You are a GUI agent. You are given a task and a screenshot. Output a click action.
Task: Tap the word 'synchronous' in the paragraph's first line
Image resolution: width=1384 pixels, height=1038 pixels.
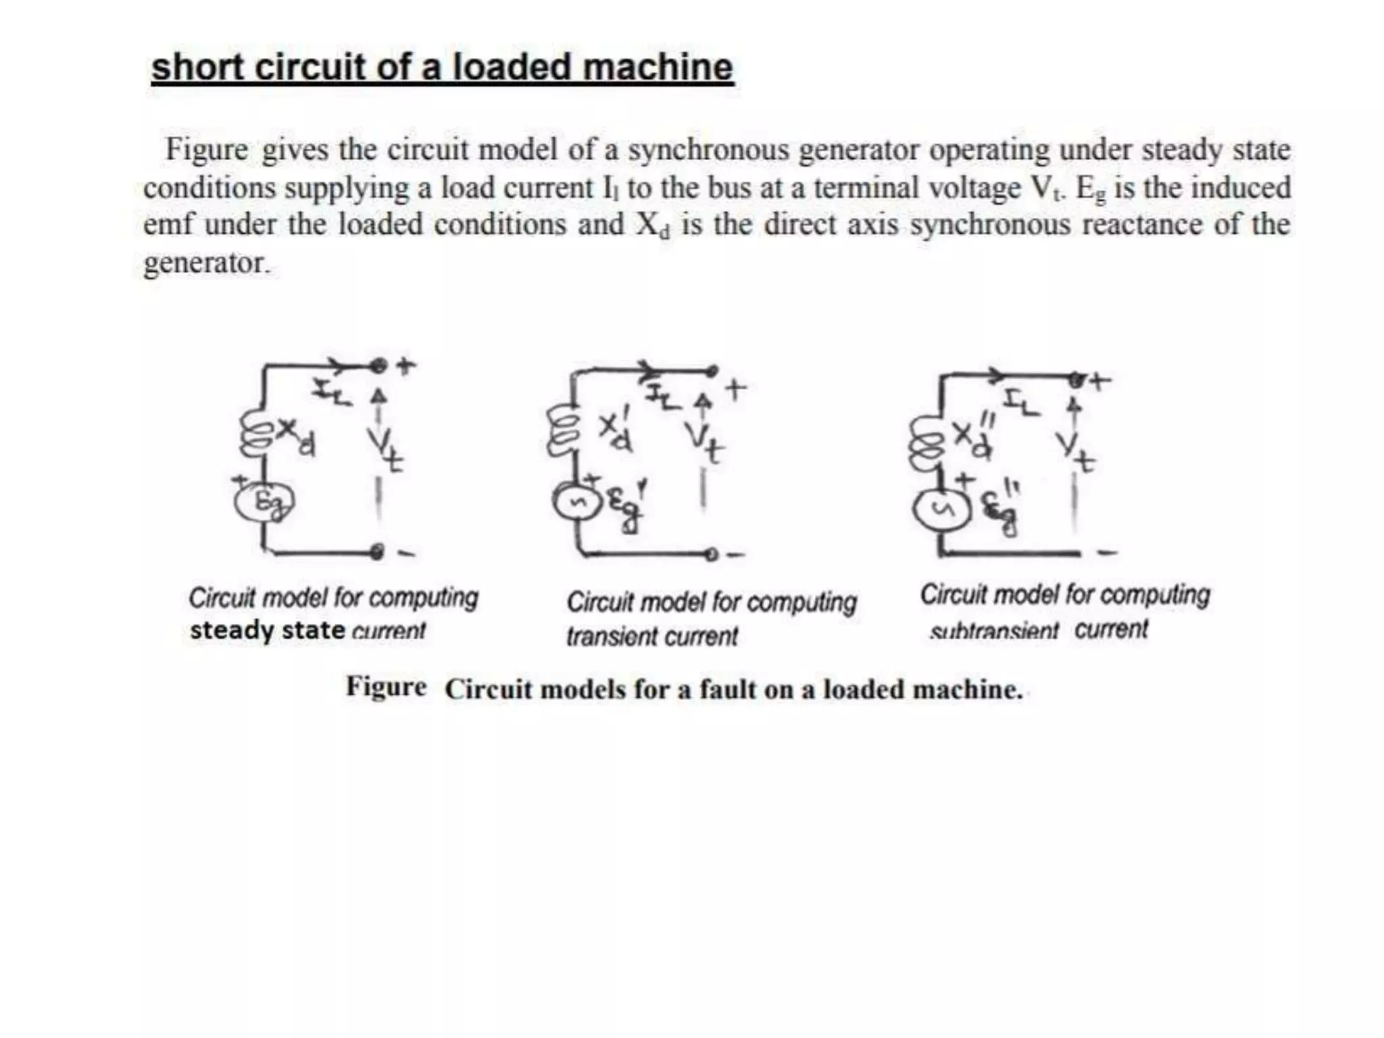709,150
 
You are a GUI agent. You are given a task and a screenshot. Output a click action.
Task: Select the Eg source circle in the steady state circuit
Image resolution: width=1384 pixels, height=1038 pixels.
264,503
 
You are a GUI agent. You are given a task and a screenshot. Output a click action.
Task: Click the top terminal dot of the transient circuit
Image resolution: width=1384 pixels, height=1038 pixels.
711,370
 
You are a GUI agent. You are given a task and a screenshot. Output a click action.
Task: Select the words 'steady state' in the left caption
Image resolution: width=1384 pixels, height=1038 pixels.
267,631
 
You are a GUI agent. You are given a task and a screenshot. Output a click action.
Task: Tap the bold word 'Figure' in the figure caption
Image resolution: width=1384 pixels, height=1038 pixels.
386,687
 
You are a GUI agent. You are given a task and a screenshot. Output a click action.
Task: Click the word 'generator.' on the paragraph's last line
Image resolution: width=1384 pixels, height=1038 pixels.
206,264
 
